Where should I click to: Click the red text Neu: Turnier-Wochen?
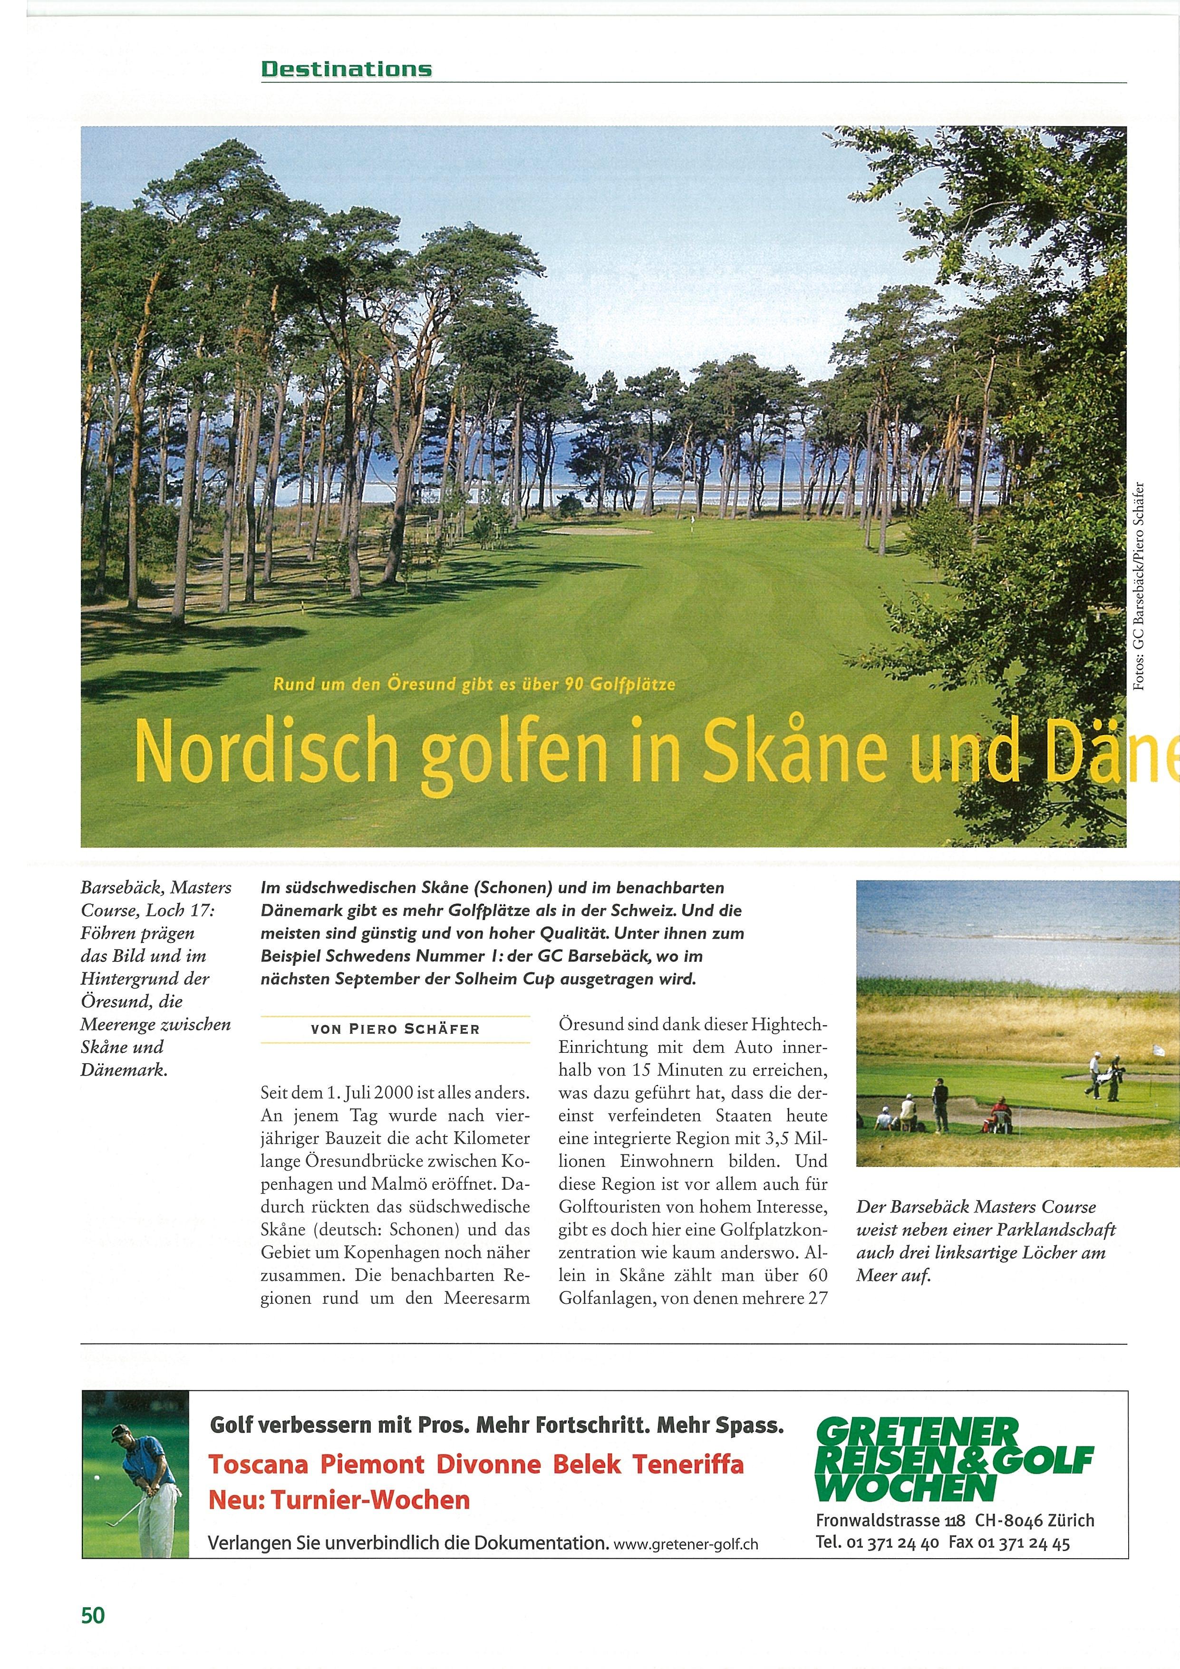point(339,1500)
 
